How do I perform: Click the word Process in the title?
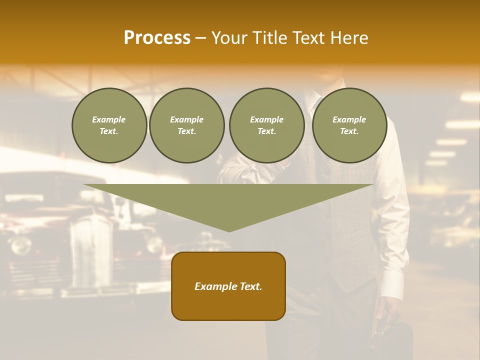click(157, 38)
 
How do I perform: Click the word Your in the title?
click(229, 38)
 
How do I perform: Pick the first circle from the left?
click(109, 125)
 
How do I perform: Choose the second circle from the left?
click(187, 125)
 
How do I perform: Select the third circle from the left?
click(266, 125)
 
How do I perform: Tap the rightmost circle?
click(349, 125)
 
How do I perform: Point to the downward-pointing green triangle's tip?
click(229, 230)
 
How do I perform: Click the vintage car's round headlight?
click(21, 245)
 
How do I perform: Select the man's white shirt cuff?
click(392, 285)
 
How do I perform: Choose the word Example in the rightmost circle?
click(349, 119)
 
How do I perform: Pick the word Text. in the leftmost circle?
click(109, 131)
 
